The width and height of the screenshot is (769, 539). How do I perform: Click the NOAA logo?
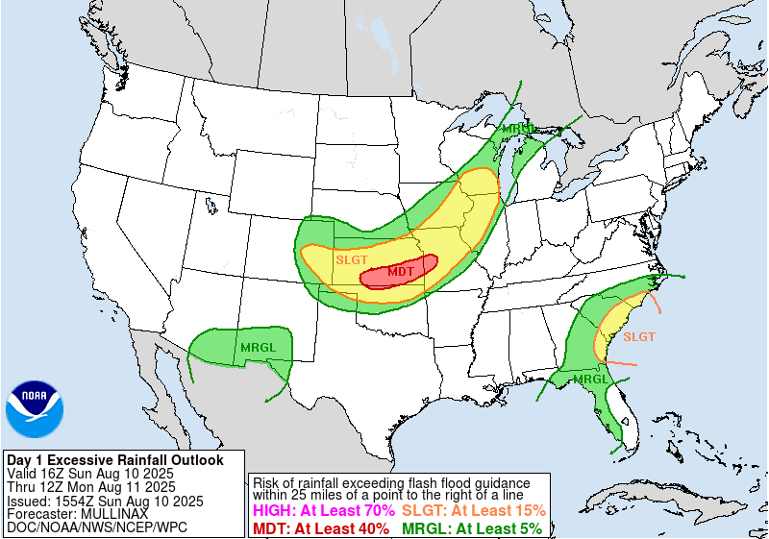coord(35,408)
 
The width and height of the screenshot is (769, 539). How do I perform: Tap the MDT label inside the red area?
coord(401,272)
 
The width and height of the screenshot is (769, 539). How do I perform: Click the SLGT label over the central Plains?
coord(351,259)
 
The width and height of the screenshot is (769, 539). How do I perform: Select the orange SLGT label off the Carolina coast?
coord(639,336)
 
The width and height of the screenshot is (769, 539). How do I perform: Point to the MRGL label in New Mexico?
coord(258,347)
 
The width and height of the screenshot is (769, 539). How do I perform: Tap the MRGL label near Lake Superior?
coord(519,128)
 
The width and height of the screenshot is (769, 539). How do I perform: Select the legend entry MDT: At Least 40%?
coord(321,527)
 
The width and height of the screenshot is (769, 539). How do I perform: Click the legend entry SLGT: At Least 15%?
coord(473,511)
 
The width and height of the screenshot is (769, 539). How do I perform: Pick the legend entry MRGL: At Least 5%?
coord(471,527)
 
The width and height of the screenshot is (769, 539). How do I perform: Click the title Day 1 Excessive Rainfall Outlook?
coord(114,460)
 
